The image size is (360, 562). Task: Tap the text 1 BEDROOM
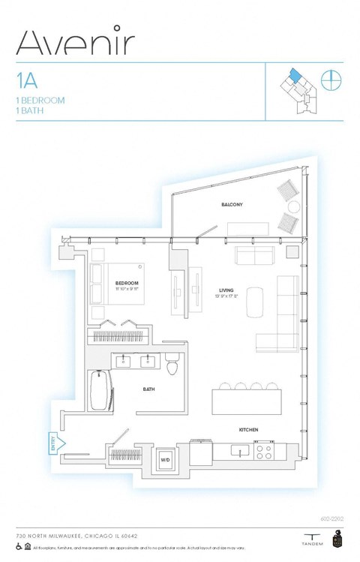point(40,100)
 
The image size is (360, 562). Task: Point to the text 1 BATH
point(30,110)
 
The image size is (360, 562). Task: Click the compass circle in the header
point(331,79)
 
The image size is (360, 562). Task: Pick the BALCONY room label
point(232,204)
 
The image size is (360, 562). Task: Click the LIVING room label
point(226,290)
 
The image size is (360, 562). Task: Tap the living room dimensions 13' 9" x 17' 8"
point(226,297)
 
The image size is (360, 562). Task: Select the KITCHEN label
point(249,429)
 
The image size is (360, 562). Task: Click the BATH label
point(149,389)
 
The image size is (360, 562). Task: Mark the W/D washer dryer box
point(165,459)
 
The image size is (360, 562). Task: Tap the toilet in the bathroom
point(172,365)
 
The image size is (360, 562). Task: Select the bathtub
point(100,390)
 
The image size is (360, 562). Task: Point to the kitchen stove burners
point(264,451)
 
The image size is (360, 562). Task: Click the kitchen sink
point(238,451)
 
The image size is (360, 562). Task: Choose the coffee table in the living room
point(255,299)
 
